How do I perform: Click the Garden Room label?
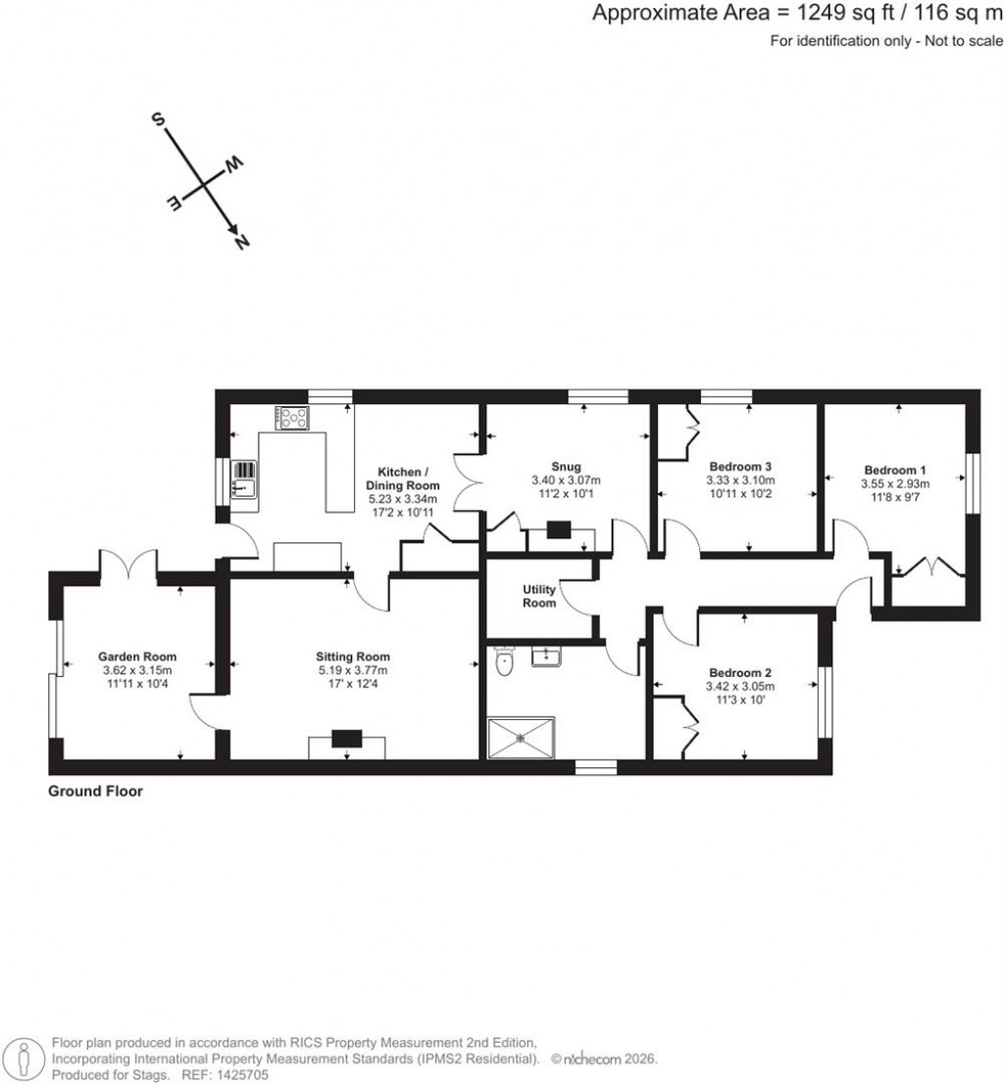[x=137, y=656]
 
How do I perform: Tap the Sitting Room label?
[x=353, y=656]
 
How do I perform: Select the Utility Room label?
[x=539, y=595]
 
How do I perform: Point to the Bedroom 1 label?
[x=895, y=469]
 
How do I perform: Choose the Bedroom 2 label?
[x=740, y=672]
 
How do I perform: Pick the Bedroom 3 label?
[x=740, y=466]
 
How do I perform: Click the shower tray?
[x=522, y=738]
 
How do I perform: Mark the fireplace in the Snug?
[x=559, y=531]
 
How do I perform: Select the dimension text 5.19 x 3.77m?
[x=353, y=671]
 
